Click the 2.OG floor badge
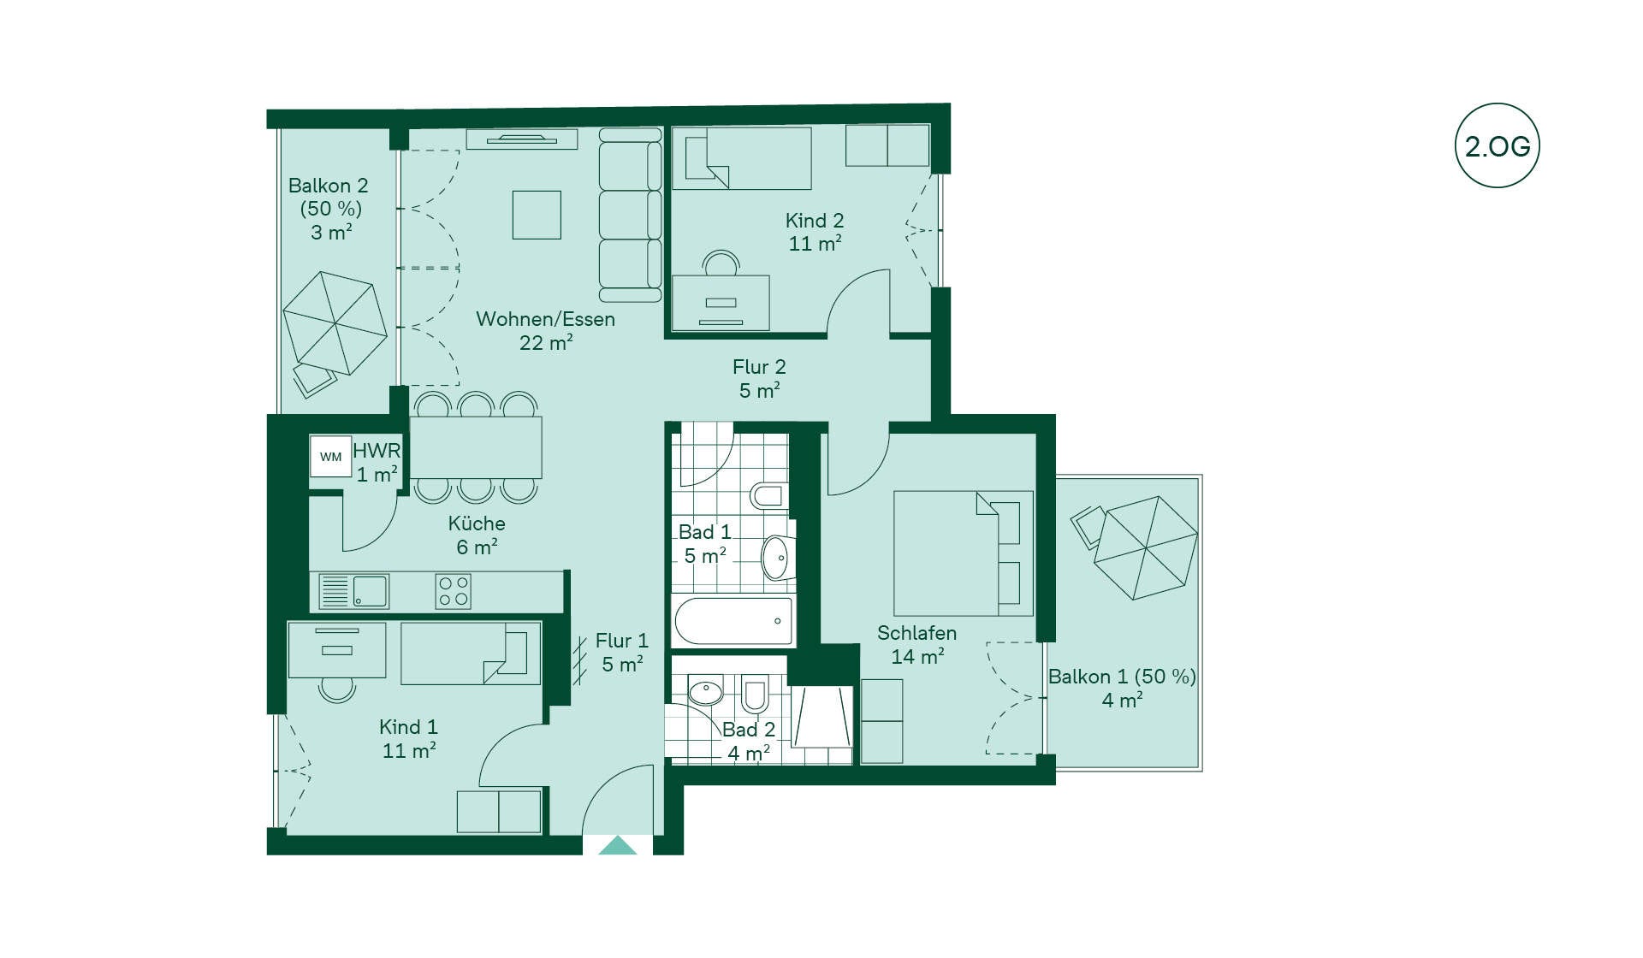tap(1497, 145)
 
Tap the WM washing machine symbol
tap(330, 456)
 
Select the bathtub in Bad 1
tap(733, 621)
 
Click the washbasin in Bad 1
tap(778, 558)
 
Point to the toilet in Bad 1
tap(768, 495)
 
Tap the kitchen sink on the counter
tap(353, 590)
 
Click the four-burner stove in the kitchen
tap(453, 591)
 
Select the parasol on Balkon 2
tap(335, 322)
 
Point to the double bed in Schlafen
tap(963, 553)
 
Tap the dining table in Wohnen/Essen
tap(476, 447)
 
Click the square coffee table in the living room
tap(537, 215)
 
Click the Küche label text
tap(477, 523)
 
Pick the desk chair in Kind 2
tap(721, 263)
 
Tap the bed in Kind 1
tap(471, 653)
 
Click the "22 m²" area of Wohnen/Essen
tap(546, 342)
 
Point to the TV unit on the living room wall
tap(522, 139)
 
